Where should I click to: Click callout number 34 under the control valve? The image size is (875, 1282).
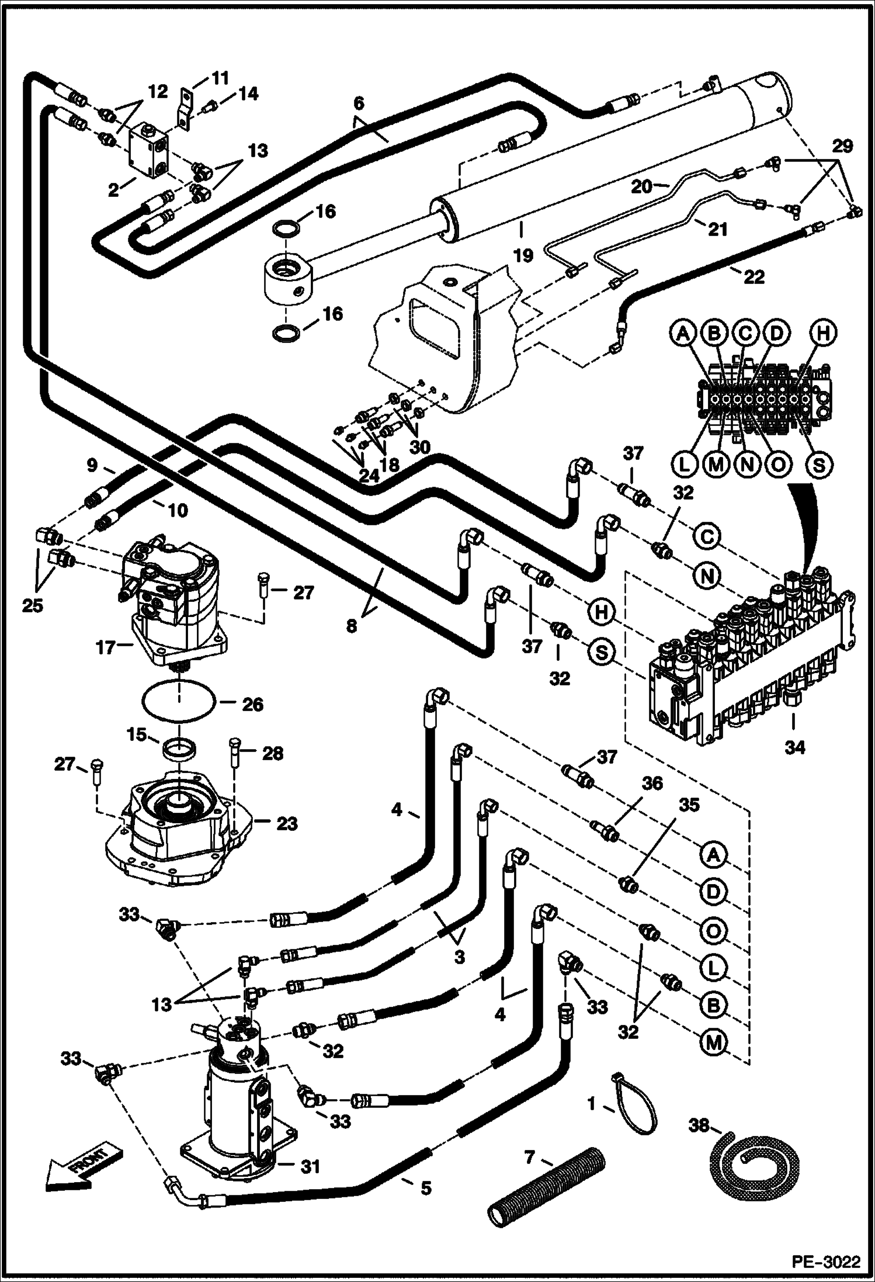point(794,747)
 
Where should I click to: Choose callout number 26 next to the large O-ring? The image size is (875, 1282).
point(252,705)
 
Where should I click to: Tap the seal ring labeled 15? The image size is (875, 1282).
point(179,749)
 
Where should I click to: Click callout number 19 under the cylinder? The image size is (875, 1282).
point(523,255)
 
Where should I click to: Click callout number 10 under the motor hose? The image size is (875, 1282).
point(178,510)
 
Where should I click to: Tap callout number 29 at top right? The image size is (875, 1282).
point(842,145)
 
